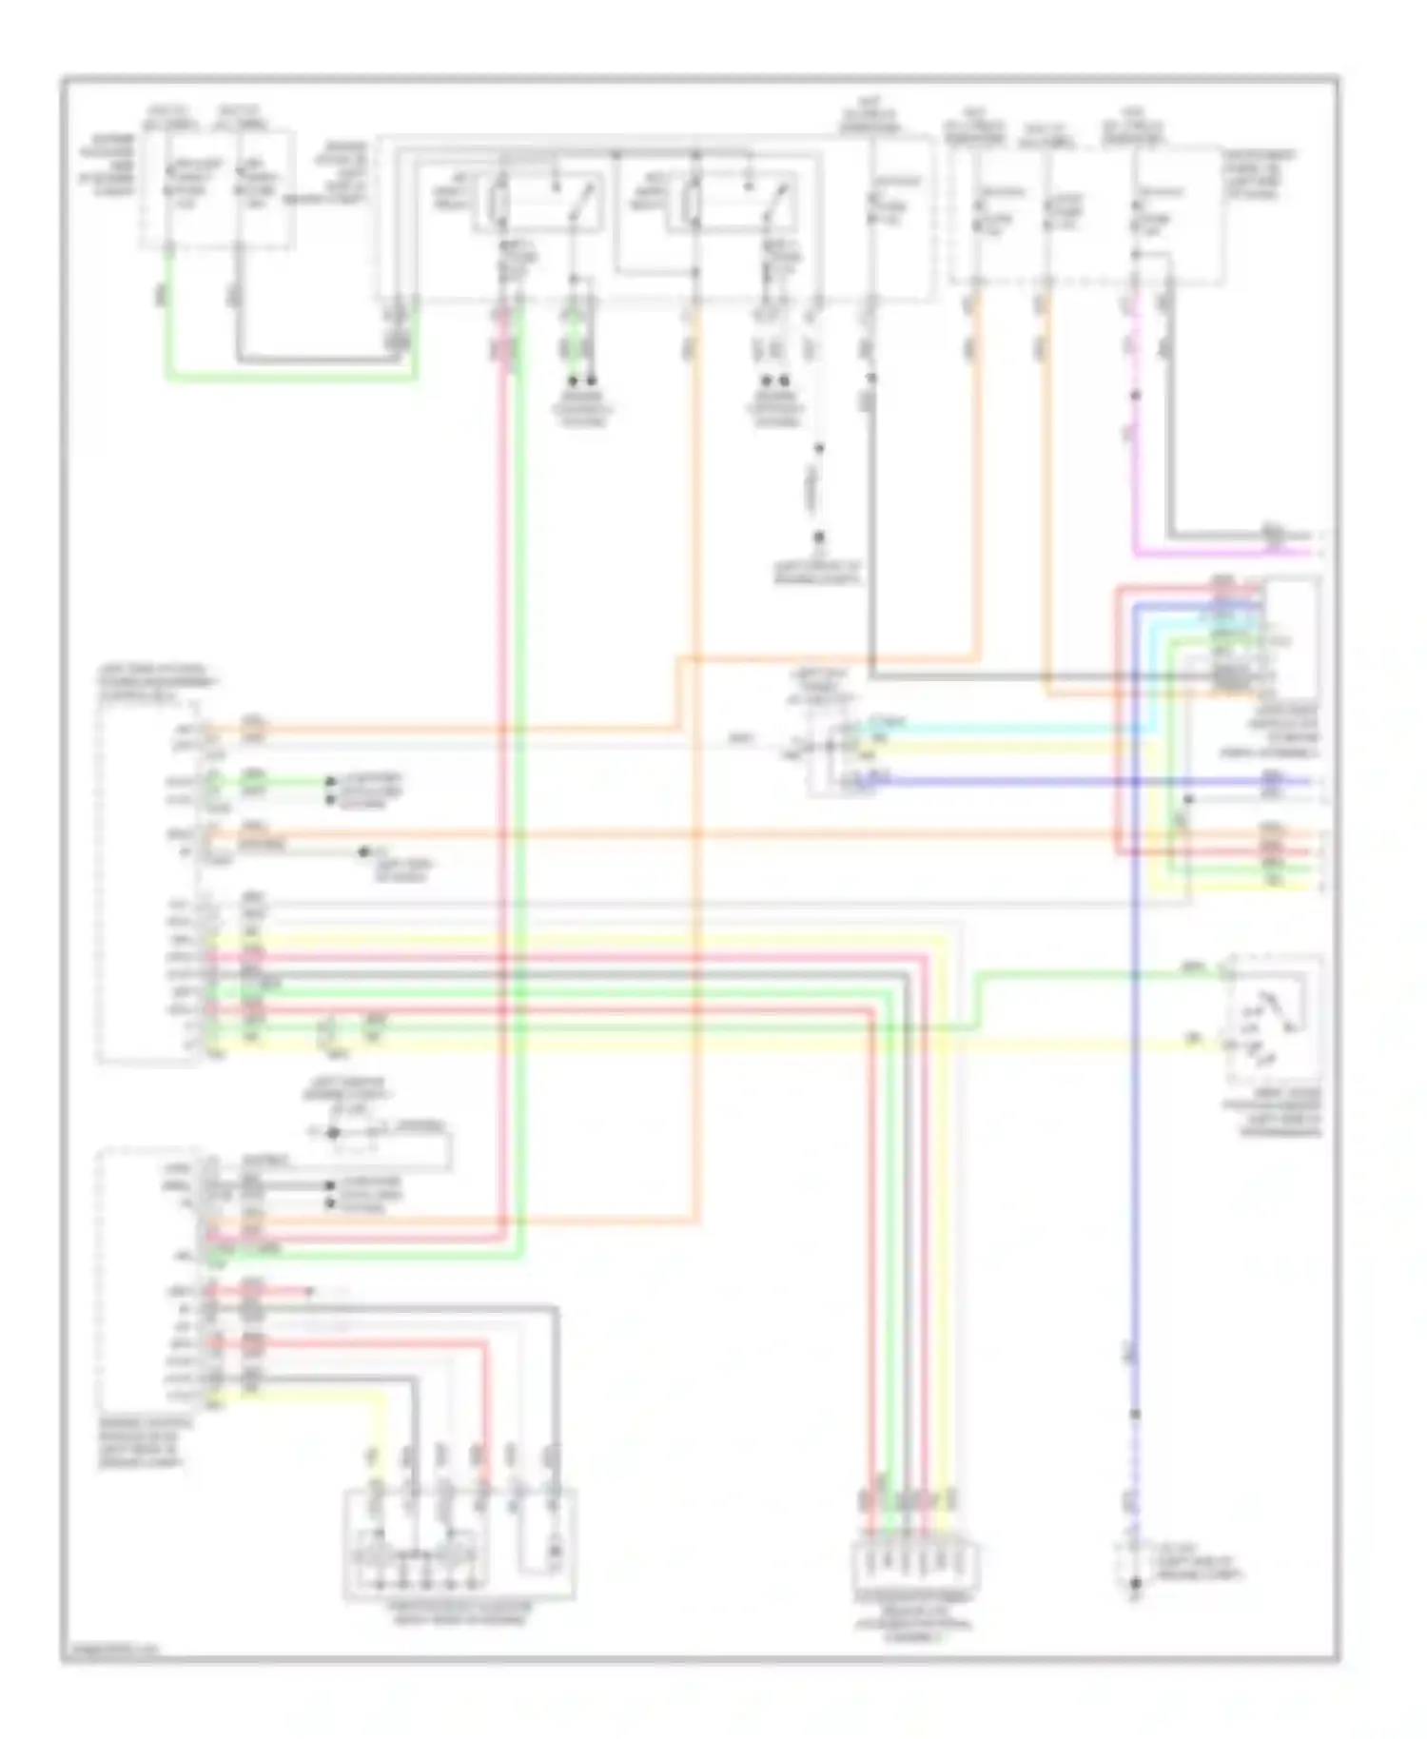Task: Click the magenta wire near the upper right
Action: click(1135, 476)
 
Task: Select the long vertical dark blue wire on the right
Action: click(1134, 1142)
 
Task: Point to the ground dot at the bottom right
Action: click(1134, 1584)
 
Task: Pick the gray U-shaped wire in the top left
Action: click(314, 360)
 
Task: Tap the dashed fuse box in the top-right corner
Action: click(1085, 214)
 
